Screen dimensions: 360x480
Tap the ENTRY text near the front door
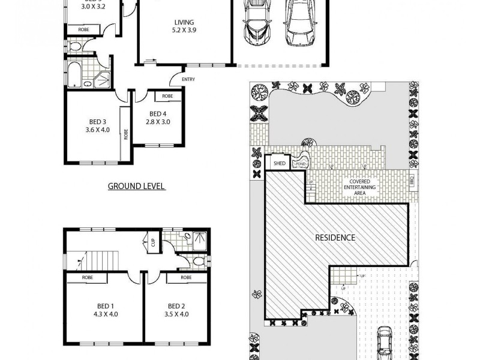(x=188, y=79)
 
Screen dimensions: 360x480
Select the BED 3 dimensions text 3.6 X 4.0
(x=98, y=129)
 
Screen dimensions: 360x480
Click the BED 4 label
(x=158, y=113)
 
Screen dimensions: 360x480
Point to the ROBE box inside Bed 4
(x=167, y=96)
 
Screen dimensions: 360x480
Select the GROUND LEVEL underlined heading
(x=136, y=186)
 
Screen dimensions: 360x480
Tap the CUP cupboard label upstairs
(x=153, y=242)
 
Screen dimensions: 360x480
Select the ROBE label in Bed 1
(x=86, y=278)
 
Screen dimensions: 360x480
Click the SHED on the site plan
(x=279, y=163)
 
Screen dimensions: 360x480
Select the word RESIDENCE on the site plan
(x=335, y=238)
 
